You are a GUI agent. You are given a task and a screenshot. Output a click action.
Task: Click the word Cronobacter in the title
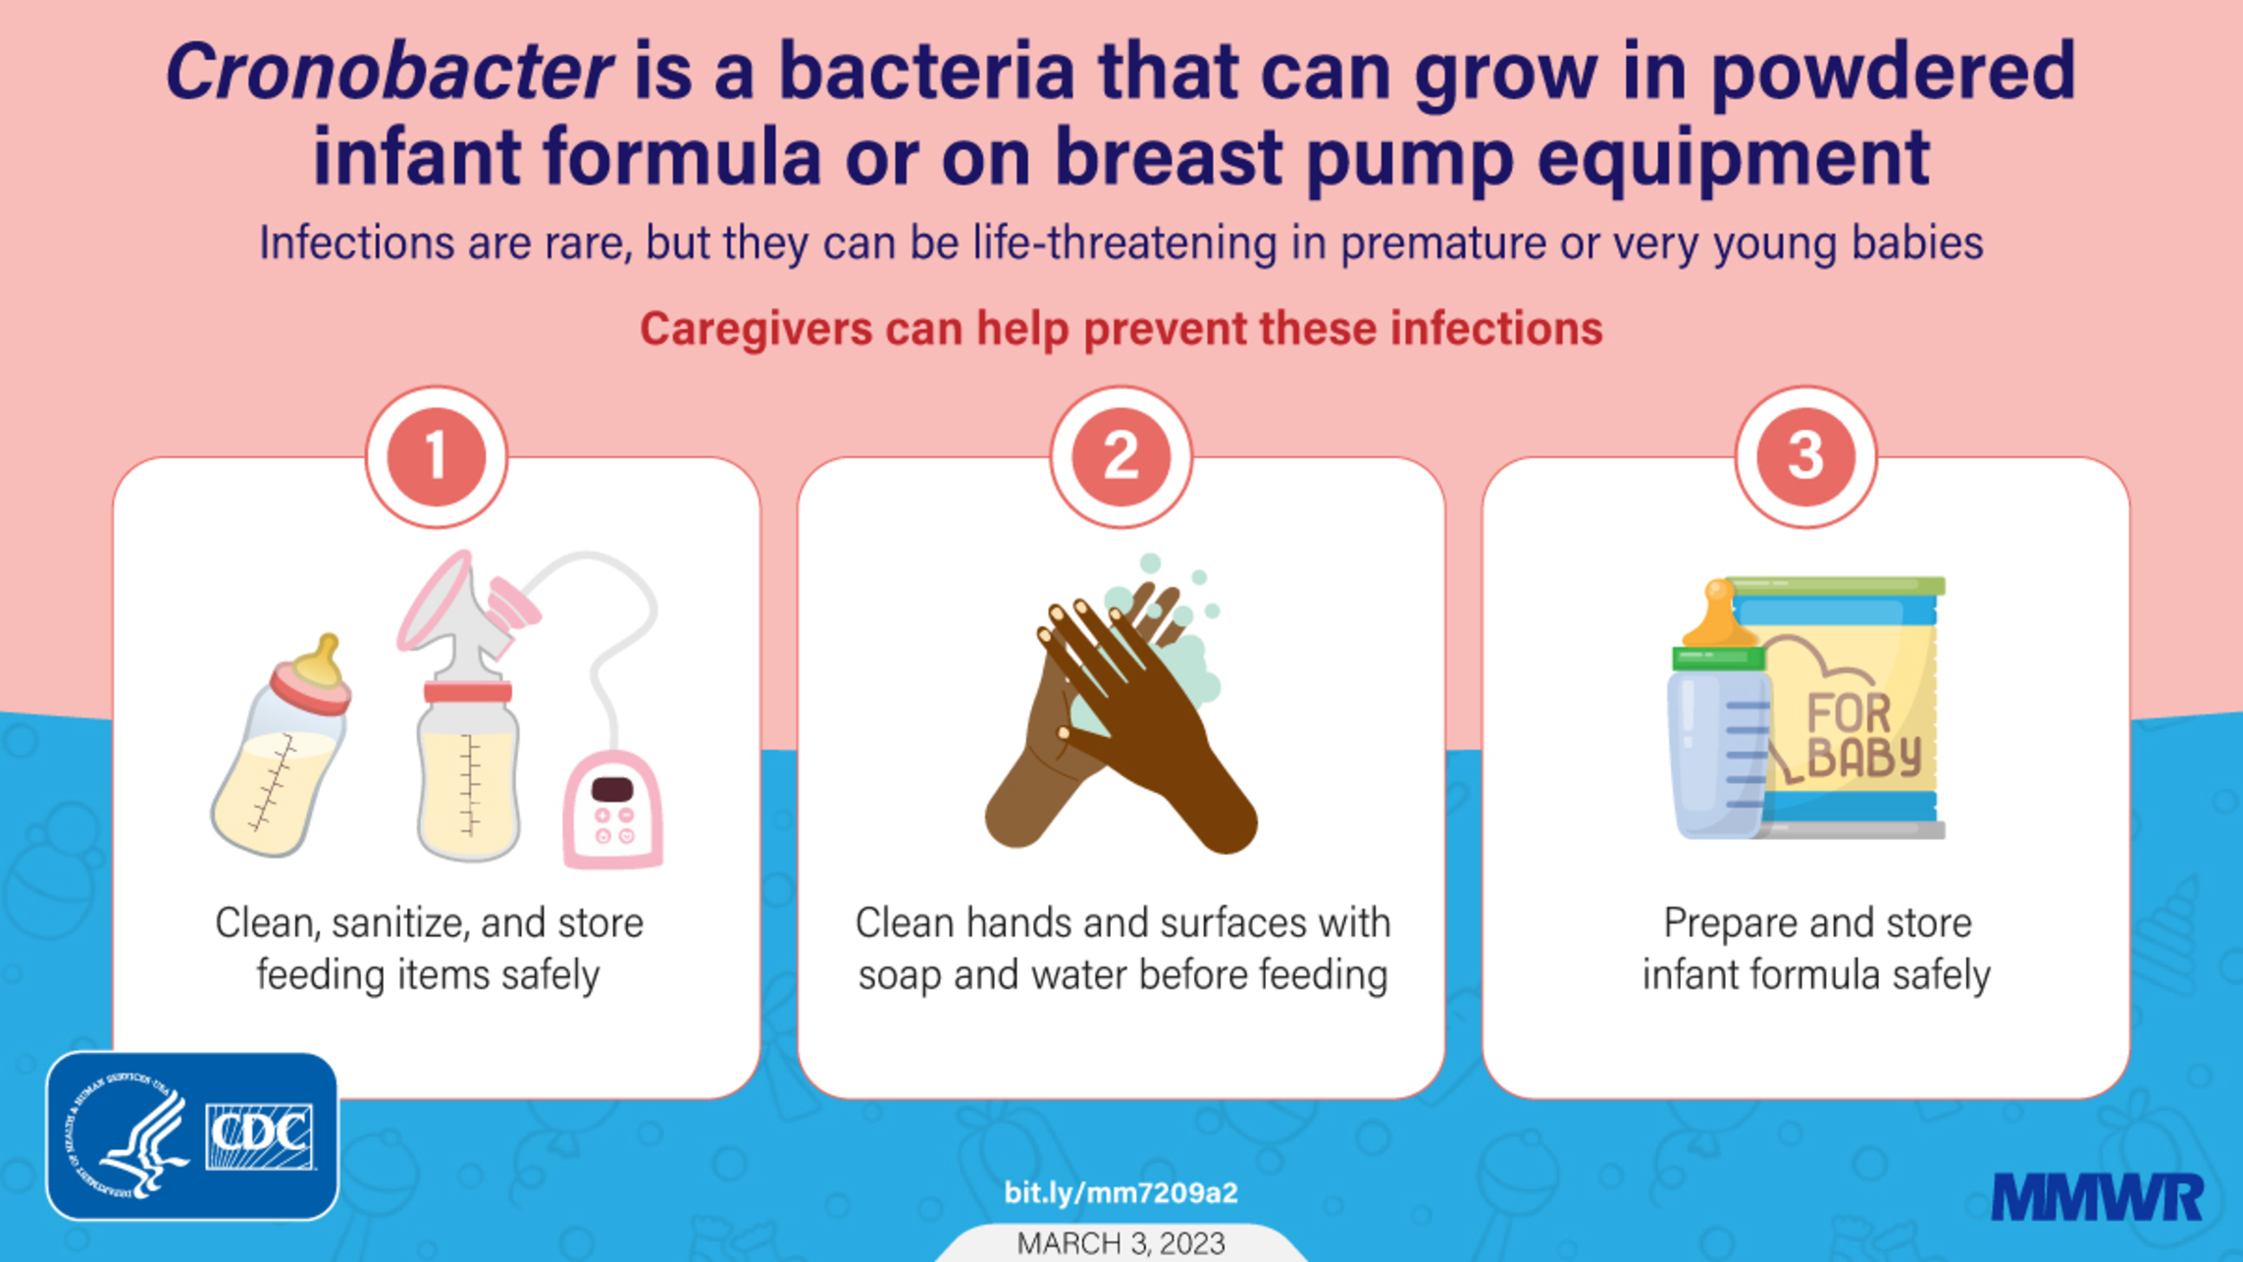pos(390,71)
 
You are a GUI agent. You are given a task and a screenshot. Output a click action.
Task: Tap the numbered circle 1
pos(437,456)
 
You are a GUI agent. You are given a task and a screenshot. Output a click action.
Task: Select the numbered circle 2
pos(1121,456)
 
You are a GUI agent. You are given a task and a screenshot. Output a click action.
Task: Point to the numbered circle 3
pos(1805,456)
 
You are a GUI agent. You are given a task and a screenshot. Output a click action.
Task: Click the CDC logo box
pos(192,1136)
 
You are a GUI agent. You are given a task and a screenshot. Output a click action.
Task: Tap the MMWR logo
pos(2098,1197)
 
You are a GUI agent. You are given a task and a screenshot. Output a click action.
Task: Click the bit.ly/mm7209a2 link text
pos(1121,1192)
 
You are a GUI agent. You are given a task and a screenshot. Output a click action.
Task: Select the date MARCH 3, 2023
pos(1121,1243)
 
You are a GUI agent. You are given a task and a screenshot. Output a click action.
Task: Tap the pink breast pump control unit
pos(612,810)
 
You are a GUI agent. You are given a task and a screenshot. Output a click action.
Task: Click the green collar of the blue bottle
pos(1718,657)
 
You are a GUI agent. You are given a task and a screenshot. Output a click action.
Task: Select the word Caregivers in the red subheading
pos(756,330)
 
